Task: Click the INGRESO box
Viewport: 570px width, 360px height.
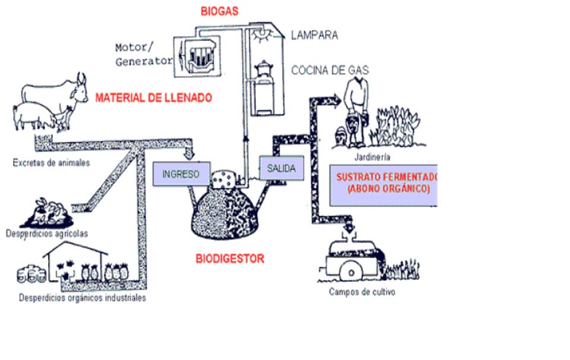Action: (181, 175)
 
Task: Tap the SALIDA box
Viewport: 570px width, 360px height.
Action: (281, 169)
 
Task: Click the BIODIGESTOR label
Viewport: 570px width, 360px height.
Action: (230, 259)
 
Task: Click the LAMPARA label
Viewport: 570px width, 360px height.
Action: (314, 35)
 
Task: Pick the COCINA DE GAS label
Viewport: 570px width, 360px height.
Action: (330, 70)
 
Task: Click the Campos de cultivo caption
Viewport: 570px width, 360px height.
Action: (362, 292)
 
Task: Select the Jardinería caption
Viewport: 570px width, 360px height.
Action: (372, 157)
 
